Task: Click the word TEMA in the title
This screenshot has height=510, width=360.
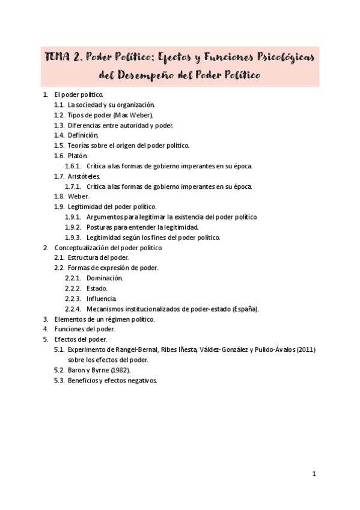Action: (59, 58)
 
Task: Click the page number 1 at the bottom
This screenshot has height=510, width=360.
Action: (314, 474)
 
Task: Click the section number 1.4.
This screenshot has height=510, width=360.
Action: (59, 135)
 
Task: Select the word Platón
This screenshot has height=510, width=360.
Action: (78, 156)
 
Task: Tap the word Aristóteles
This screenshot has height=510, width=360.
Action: (84, 176)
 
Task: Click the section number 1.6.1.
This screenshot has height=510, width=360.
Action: (73, 166)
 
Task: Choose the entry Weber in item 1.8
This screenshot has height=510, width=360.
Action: (78, 197)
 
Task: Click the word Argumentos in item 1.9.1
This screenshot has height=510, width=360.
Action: (106, 217)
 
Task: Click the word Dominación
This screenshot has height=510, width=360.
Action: (105, 278)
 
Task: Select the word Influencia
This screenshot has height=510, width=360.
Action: (102, 299)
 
